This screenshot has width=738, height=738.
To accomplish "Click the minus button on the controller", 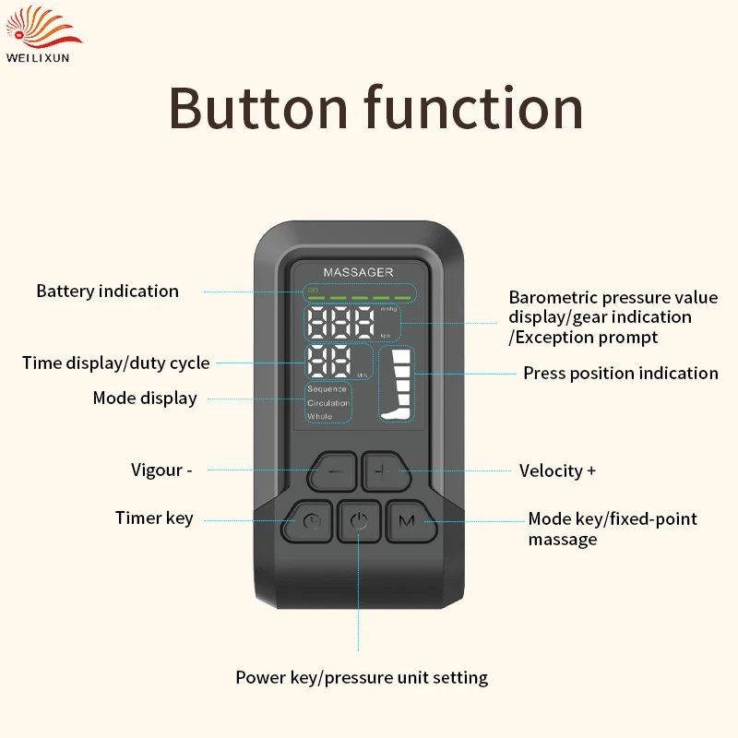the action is [333, 471].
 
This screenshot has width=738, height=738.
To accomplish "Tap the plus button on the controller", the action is [385, 471].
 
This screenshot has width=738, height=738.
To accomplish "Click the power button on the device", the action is [359, 521].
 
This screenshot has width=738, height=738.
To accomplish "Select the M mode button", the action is [410, 521].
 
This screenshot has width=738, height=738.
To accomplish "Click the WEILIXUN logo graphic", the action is [42, 28].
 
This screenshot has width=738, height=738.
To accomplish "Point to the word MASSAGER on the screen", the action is [358, 272].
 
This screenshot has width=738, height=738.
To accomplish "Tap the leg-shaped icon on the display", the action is [397, 384].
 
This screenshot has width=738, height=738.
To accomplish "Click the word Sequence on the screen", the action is [327, 389].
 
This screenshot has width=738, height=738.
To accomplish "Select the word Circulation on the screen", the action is [328, 403].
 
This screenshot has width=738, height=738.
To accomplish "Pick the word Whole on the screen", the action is [319, 417].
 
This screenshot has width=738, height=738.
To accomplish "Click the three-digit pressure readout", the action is [340, 323].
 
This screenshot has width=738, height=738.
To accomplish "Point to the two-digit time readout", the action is [329, 362].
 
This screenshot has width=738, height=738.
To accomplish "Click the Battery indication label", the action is [108, 292].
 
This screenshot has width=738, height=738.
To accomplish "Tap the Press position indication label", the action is [621, 374].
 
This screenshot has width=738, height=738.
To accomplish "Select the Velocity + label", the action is [558, 470].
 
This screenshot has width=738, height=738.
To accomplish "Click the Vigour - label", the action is [161, 470].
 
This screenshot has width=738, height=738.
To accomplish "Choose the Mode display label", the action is [145, 399].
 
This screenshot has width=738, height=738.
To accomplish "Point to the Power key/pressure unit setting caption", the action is [362, 678].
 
